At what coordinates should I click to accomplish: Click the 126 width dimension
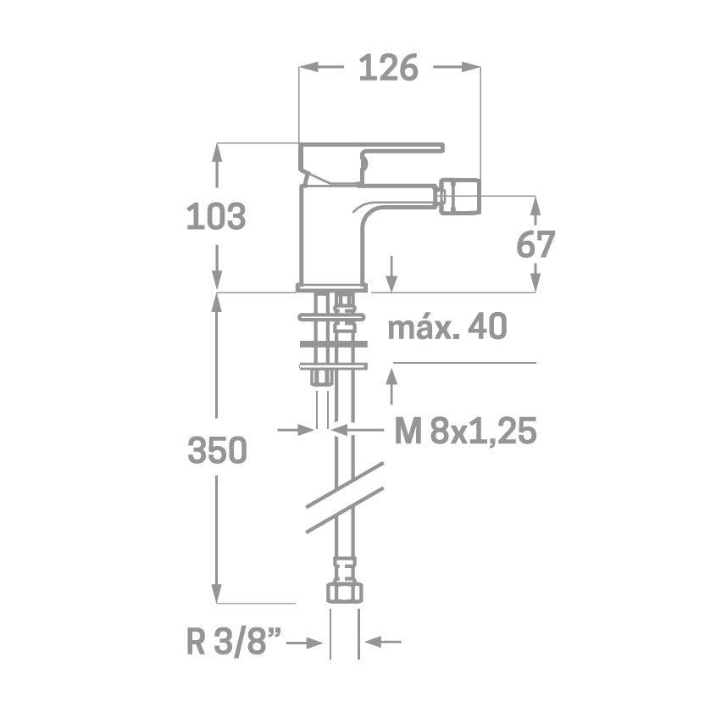pos(389,68)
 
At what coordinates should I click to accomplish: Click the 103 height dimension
pos(216,216)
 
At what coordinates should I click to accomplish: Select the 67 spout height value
pos(536,244)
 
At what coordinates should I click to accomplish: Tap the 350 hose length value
pos(217,450)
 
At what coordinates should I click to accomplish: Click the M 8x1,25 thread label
pos(465,431)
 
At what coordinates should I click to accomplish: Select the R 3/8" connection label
pos(234,643)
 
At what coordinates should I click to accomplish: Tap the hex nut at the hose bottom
pos(345,593)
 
